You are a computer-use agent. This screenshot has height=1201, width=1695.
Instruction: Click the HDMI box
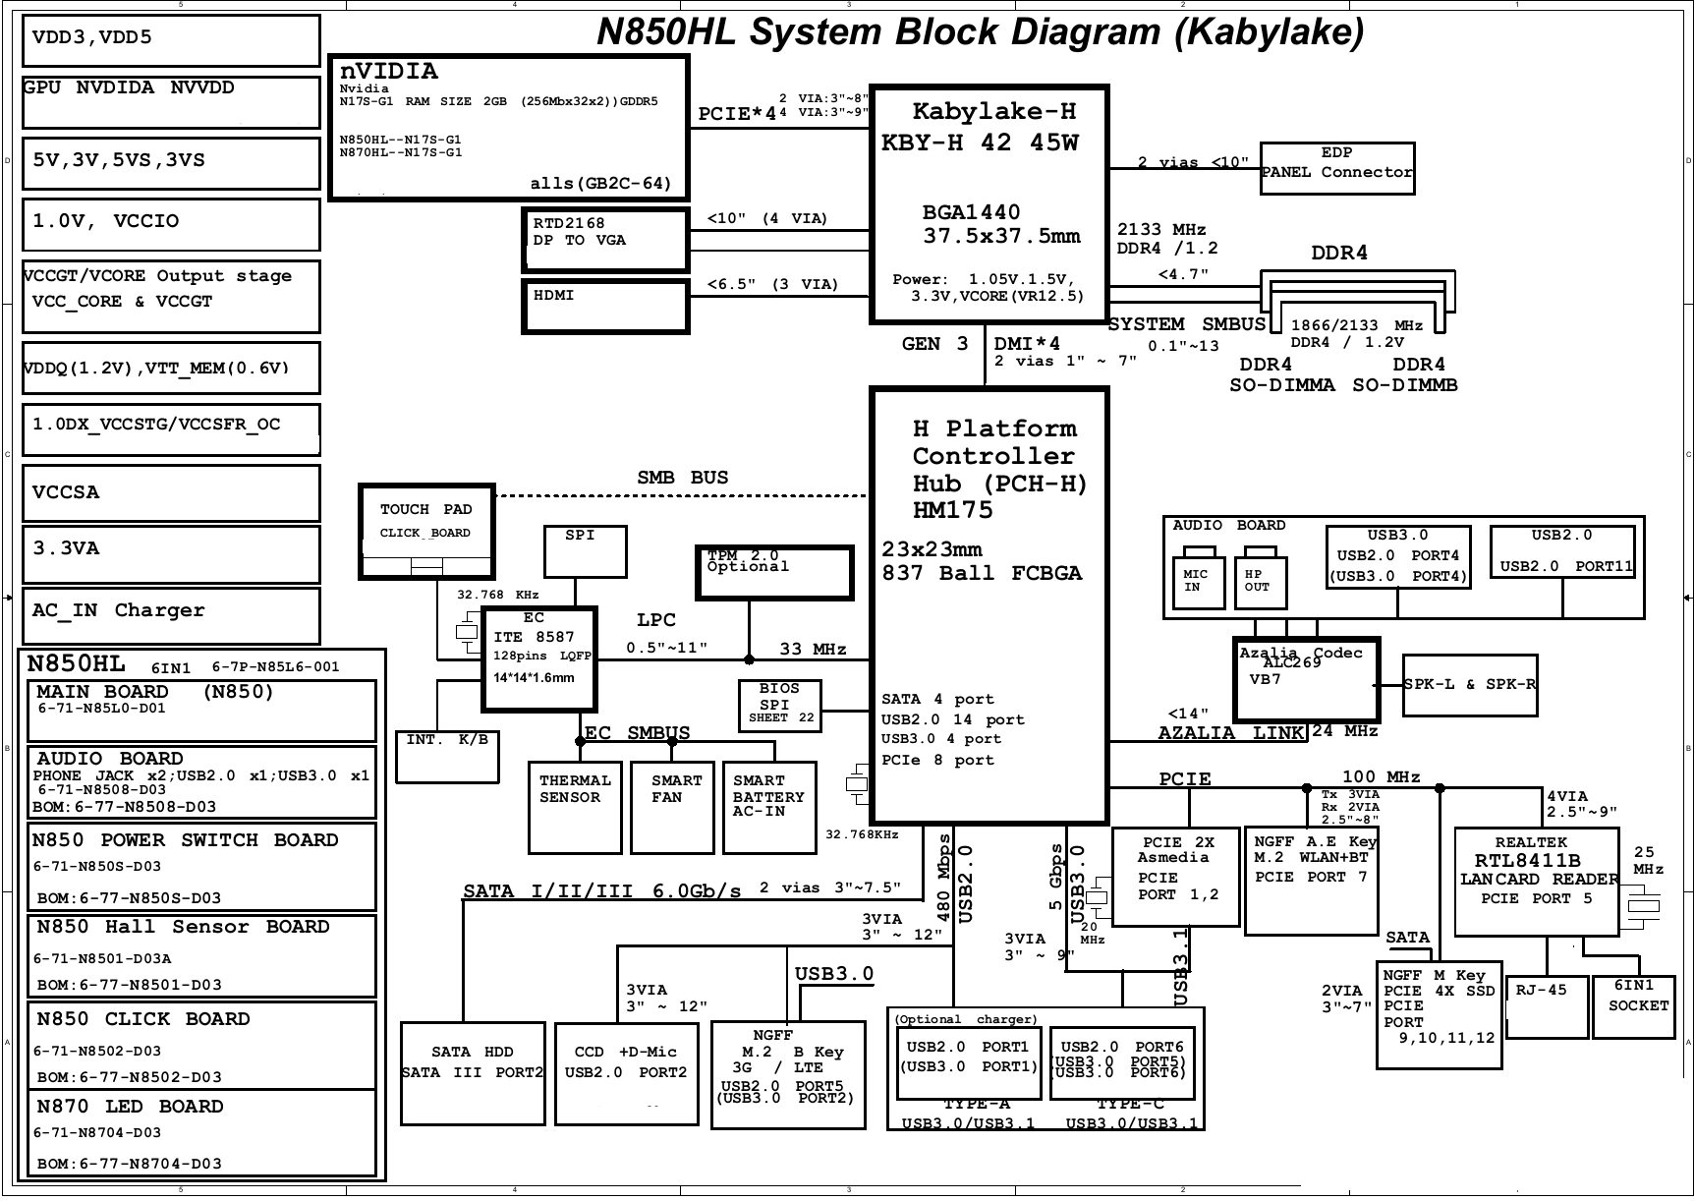click(604, 307)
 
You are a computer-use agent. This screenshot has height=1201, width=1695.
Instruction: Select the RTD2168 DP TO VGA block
click(604, 240)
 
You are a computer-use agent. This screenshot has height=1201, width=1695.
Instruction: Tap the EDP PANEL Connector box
click(1337, 168)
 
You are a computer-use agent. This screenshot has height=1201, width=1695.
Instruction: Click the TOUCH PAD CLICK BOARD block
click(426, 531)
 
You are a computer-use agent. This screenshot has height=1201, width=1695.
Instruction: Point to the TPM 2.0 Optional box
click(774, 572)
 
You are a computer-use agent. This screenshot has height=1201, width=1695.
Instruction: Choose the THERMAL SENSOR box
click(575, 806)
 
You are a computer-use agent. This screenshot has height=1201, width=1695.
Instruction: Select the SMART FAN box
click(672, 806)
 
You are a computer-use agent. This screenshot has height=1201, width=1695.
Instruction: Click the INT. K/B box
click(447, 756)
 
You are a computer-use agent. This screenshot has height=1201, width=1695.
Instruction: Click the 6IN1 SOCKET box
click(1634, 1006)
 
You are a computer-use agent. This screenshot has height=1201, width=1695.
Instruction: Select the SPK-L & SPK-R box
click(1470, 685)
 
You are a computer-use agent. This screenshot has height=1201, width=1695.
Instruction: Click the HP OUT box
click(1260, 584)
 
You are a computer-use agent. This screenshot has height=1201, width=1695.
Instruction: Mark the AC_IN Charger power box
click(171, 615)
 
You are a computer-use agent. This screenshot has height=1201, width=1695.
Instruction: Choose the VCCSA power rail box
click(171, 492)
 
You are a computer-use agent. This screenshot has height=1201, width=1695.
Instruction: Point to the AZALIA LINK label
click(1230, 733)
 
